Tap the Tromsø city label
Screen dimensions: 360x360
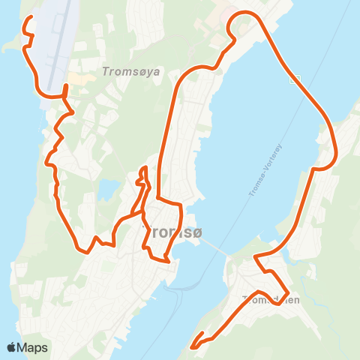pos(172,232)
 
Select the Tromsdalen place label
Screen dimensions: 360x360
pos(271,299)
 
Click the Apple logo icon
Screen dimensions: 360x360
pos(12,347)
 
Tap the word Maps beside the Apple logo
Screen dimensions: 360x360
pos(33,347)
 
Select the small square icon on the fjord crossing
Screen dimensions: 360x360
pos(297,78)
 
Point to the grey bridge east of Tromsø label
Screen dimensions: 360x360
pos(214,248)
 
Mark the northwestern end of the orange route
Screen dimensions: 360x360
pos(31,17)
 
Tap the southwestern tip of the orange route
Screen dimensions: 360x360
pos(193,346)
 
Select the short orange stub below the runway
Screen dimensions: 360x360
pos(65,89)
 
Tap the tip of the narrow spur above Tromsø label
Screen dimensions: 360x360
pos(142,169)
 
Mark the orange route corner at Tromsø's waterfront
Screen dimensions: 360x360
pos(171,260)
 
